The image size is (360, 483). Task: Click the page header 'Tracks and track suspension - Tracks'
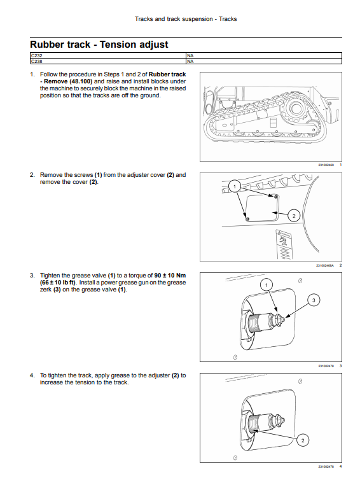pos(186,19)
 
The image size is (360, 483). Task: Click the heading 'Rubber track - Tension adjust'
pos(99,45)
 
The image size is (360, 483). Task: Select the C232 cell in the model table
pos(108,55)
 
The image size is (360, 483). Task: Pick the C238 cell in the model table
pos(108,61)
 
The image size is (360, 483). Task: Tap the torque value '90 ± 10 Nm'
pos(170,276)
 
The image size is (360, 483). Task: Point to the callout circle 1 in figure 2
pos(235,186)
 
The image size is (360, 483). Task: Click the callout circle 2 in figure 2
pos(294,216)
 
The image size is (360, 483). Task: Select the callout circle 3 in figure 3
pos(314,300)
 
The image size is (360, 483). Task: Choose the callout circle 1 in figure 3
pos(267,285)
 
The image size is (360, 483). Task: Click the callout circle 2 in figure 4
pos(303,440)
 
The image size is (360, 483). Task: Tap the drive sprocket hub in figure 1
pos(295,108)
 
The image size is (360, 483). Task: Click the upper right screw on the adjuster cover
pos(275,196)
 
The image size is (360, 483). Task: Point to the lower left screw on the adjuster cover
pos(247,219)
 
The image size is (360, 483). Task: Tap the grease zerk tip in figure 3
pos(282,319)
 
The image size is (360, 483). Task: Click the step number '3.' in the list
pos(32,276)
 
